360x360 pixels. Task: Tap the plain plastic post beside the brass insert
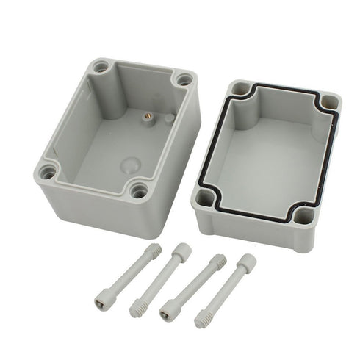[x=170, y=117]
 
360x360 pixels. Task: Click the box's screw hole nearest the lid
[x=183, y=79]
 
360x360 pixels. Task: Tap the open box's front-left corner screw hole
[x=48, y=173]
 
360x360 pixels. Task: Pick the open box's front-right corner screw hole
[x=137, y=191]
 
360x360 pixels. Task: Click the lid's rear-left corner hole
[x=239, y=90]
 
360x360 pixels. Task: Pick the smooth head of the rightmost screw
[x=248, y=262]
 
